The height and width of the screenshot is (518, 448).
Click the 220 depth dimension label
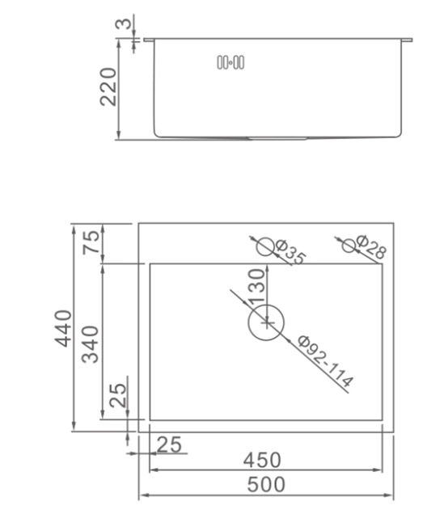[x=108, y=87]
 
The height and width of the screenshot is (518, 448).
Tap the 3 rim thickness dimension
[x=123, y=23]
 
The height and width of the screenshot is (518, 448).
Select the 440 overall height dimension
[x=63, y=328]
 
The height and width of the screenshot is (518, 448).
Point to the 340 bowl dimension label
[x=91, y=344]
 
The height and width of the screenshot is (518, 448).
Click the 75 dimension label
[x=91, y=242]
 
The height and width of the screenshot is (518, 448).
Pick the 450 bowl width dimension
[x=262, y=460]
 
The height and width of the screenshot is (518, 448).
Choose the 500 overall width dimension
[x=266, y=484]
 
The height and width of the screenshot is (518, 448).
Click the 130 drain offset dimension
[x=257, y=286]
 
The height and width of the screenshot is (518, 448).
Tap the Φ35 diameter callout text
[x=290, y=252]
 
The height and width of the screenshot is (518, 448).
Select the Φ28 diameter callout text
[x=371, y=246]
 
